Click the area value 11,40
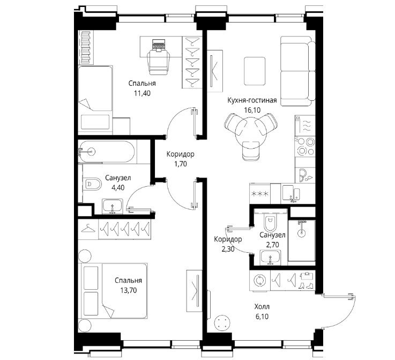[143, 93]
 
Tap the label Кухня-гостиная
[252, 100]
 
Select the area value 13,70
[129, 290]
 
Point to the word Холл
[262, 306]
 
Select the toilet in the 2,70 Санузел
[270, 222]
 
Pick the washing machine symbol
[259, 281]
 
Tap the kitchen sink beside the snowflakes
[291, 194]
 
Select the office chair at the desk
[159, 62]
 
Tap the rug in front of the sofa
[255, 71]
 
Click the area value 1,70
[181, 164]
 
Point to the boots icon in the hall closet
[306, 285]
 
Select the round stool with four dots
[222, 322]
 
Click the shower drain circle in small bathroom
[301, 233]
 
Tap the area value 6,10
[262, 317]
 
